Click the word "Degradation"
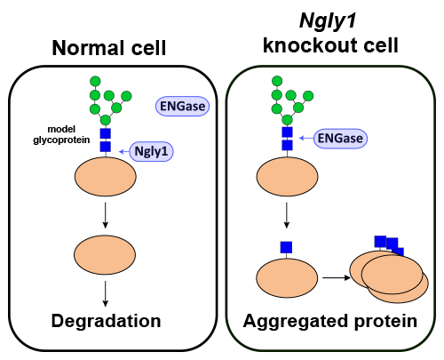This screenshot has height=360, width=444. point(105,321)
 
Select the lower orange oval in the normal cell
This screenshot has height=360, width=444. point(105,255)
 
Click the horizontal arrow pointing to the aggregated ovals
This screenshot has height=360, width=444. point(336,277)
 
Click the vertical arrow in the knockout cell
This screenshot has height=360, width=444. point(287,216)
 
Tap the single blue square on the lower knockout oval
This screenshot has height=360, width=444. point(287,246)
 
